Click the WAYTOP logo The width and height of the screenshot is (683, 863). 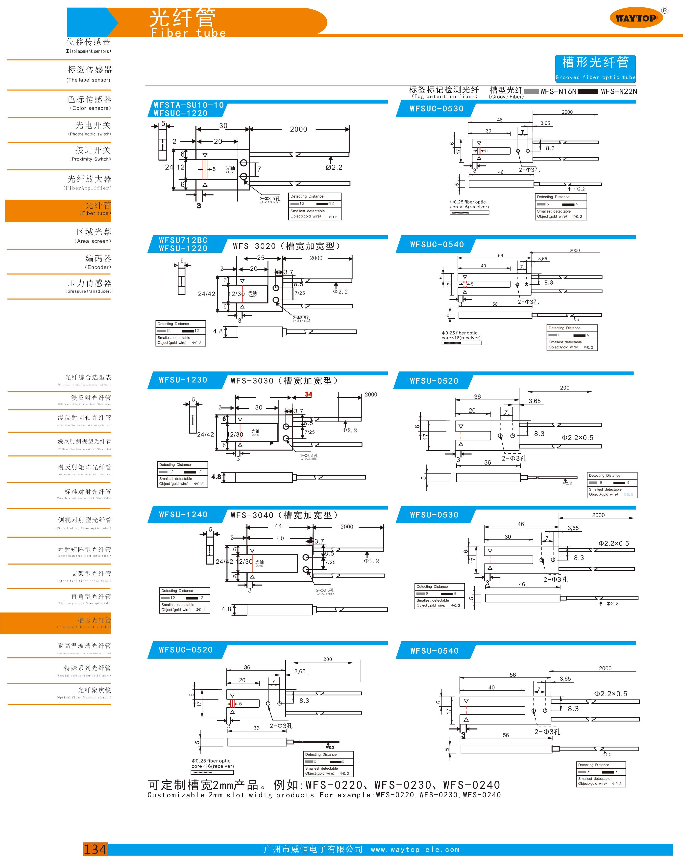click(x=636, y=18)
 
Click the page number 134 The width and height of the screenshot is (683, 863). click(x=95, y=849)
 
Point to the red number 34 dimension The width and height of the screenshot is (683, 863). click(x=308, y=394)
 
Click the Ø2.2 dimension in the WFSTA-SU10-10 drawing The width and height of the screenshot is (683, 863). click(x=334, y=167)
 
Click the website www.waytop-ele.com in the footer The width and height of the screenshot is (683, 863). click(x=415, y=849)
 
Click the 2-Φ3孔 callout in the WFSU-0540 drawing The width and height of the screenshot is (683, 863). click(x=547, y=732)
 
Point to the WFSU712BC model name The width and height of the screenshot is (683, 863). click(x=183, y=240)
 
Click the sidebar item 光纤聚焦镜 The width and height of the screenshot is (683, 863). click(x=94, y=690)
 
